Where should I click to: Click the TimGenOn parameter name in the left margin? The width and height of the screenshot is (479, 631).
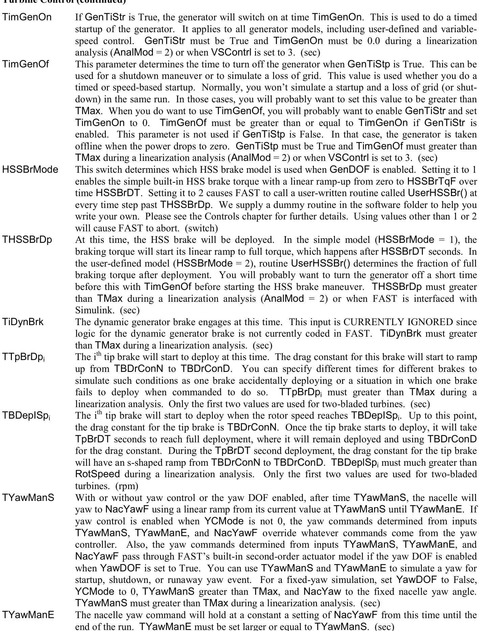click(x=27, y=17)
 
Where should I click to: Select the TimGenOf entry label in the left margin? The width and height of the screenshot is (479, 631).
click(x=25, y=64)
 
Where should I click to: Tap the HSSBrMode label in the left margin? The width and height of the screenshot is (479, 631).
click(x=30, y=169)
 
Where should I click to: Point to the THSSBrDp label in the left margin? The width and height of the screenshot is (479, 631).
click(x=27, y=240)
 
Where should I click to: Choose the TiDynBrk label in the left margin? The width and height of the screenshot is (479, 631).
click(x=23, y=322)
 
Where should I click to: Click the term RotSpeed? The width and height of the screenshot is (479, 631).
click(x=97, y=474)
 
